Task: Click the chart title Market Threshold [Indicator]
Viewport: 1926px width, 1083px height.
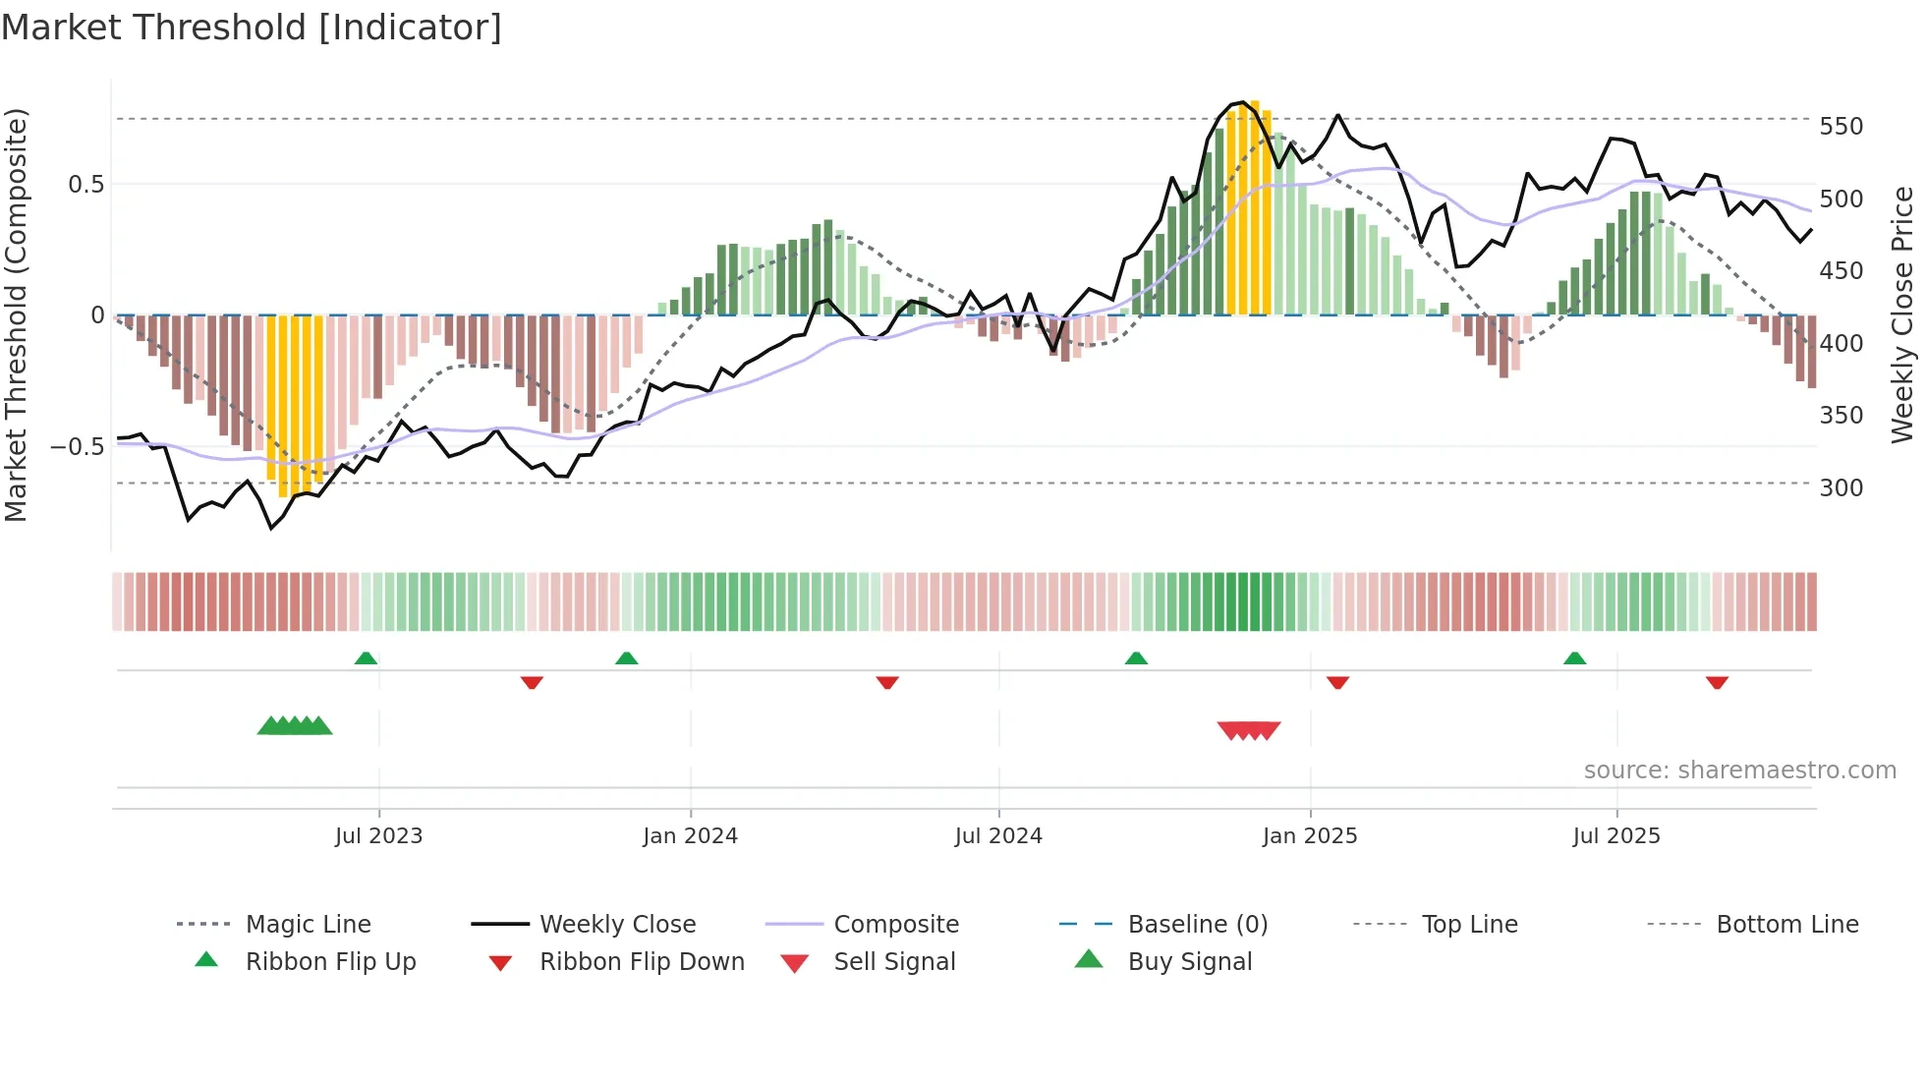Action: pos(252,28)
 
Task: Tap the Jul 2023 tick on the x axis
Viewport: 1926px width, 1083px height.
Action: pos(378,835)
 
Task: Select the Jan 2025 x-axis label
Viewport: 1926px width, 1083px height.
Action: pos(1309,835)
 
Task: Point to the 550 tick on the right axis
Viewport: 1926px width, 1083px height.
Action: pos(1841,127)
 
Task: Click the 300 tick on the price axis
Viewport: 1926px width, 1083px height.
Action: pos(1841,487)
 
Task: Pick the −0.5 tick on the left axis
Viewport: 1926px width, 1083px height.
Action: pos(77,447)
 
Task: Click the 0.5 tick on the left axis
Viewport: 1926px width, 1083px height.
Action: pos(85,185)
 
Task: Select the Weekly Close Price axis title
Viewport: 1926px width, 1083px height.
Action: pos(1902,314)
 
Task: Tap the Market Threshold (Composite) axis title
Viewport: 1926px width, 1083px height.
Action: pos(16,314)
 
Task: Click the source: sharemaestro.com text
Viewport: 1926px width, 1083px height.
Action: pos(1739,770)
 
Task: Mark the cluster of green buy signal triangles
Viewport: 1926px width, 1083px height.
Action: pos(295,726)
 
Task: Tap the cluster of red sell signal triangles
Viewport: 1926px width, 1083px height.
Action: pos(1248,730)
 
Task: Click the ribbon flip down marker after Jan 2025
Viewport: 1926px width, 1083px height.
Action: pos(1337,682)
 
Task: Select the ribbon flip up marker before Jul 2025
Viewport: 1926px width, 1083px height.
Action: pos(1574,658)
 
